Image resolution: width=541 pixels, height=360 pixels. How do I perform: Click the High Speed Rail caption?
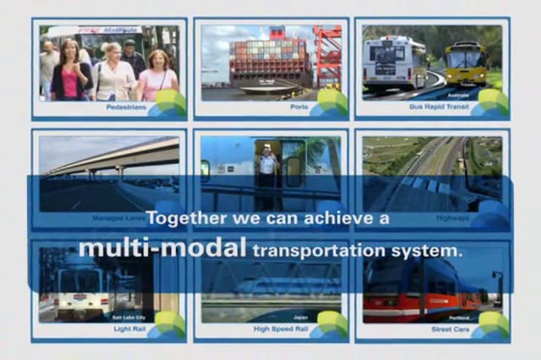(276, 329)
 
